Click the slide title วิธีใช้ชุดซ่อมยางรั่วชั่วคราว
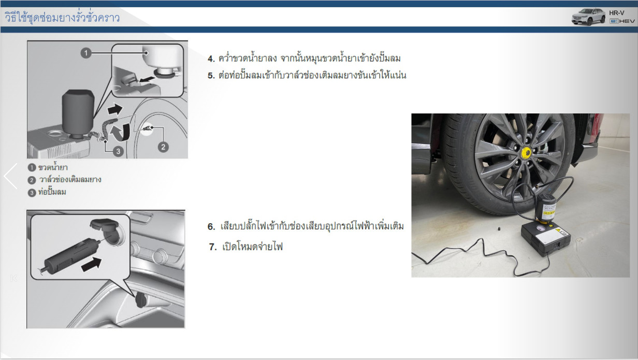62,18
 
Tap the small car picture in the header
588,17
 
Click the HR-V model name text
617,13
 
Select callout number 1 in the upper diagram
86,53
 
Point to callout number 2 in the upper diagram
163,147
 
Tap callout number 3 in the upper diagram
118,151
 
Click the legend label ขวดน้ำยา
53,167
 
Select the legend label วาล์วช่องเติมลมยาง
70,179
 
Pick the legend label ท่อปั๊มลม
52,192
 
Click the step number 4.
211,59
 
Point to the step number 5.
211,76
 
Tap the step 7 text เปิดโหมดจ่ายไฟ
252,247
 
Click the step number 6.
211,227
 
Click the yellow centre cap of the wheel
526,153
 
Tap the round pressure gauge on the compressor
540,228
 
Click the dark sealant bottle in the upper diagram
78,113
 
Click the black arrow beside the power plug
92,265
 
